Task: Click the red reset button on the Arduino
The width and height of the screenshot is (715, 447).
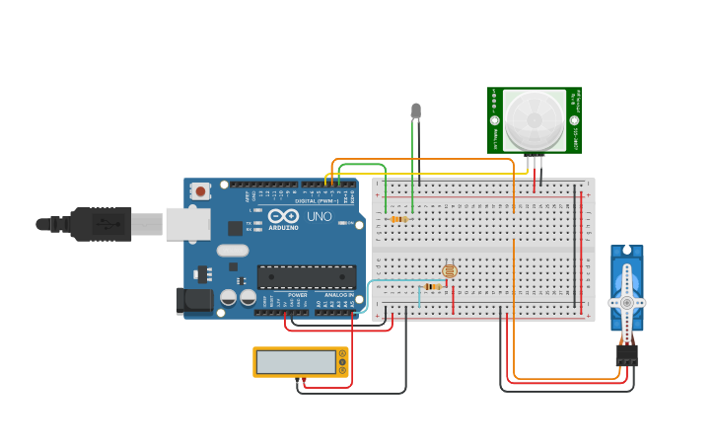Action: (x=201, y=191)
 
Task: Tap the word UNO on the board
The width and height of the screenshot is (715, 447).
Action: (x=319, y=216)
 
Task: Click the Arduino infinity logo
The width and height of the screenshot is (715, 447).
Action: (x=283, y=216)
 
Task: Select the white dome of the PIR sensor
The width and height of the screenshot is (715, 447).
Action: (x=535, y=120)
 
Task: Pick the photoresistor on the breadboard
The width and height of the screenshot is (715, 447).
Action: (x=450, y=269)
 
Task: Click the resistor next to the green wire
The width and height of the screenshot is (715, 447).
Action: (x=398, y=219)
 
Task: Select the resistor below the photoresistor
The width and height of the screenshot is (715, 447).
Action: (x=432, y=286)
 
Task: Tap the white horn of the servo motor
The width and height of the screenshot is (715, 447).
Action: (x=626, y=302)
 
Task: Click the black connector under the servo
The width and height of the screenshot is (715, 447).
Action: (x=626, y=354)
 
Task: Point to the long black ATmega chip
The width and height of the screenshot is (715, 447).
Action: (x=306, y=277)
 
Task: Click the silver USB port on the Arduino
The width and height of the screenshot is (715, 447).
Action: (x=187, y=224)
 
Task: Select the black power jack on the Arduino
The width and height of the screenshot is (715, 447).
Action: (x=193, y=300)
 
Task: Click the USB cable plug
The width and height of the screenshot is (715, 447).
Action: (x=104, y=224)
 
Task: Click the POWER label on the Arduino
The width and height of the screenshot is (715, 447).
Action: (x=297, y=294)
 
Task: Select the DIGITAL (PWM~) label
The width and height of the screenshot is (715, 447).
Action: (x=316, y=200)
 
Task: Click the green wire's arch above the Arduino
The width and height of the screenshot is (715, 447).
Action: (x=361, y=165)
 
